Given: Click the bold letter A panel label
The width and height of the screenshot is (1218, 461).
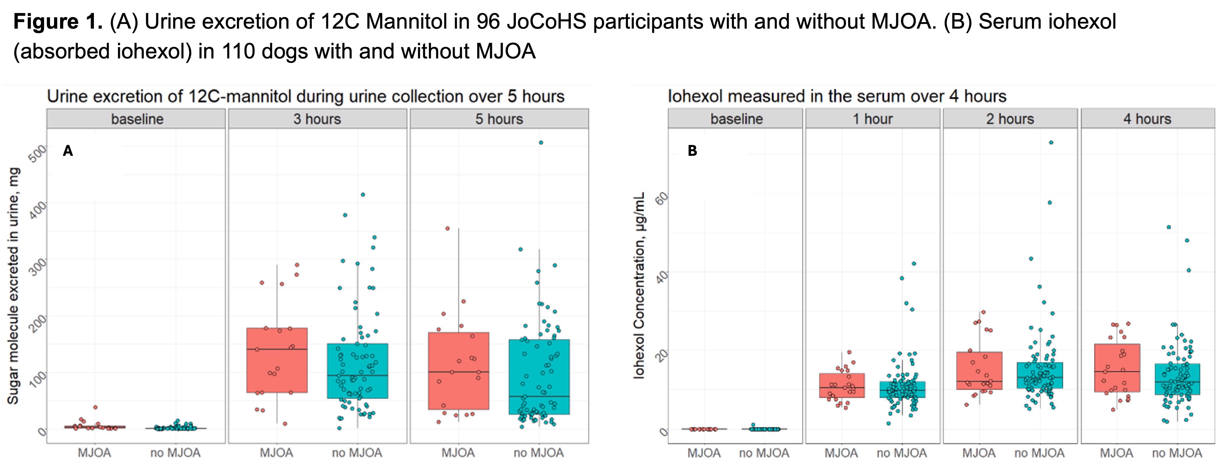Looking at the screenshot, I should click(68, 151).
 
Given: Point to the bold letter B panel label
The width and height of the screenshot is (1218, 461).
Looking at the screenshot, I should click(692, 151).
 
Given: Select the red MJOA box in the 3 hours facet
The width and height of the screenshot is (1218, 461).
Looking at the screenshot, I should click(277, 360).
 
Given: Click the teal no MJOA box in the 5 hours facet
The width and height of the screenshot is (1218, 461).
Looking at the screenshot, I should click(539, 377).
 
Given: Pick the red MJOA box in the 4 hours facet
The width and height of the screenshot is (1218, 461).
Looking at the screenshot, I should click(1117, 367).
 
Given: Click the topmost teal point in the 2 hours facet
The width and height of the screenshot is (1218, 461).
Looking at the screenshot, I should click(1051, 142).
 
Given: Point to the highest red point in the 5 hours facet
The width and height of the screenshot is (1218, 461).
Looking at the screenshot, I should click(447, 228).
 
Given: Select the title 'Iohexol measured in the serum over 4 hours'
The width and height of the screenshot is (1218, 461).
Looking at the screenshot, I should click(837, 97).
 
